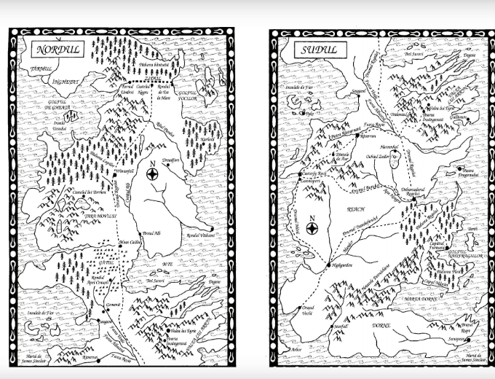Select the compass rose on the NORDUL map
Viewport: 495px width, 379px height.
[154, 173]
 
